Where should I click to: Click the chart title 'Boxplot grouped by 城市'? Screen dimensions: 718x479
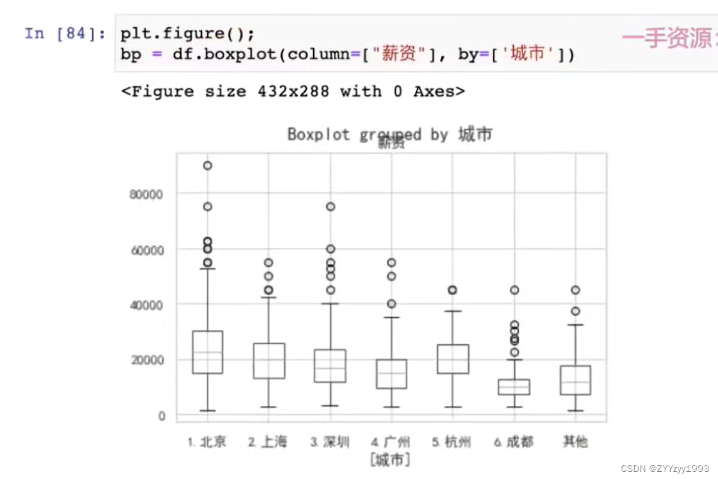[389, 134]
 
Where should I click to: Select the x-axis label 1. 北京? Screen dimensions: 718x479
[207, 442]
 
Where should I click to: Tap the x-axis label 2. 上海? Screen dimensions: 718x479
[268, 442]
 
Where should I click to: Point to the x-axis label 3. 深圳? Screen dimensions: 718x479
[330, 442]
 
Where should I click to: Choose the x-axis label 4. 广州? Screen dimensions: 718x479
[391, 442]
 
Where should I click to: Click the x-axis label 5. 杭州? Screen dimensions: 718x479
[452, 442]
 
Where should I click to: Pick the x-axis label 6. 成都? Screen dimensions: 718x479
[514, 442]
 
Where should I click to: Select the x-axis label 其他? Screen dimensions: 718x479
[575, 442]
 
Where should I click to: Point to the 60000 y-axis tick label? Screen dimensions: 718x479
[147, 249]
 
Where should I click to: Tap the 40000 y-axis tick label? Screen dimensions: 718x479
[147, 304]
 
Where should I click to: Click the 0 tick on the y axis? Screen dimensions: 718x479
[161, 415]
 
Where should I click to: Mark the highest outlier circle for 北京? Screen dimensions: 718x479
[207, 166]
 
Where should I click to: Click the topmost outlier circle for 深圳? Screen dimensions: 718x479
[330, 207]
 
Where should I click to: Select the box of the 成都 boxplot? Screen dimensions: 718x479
[514, 387]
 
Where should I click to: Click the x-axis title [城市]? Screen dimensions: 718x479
[390, 460]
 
